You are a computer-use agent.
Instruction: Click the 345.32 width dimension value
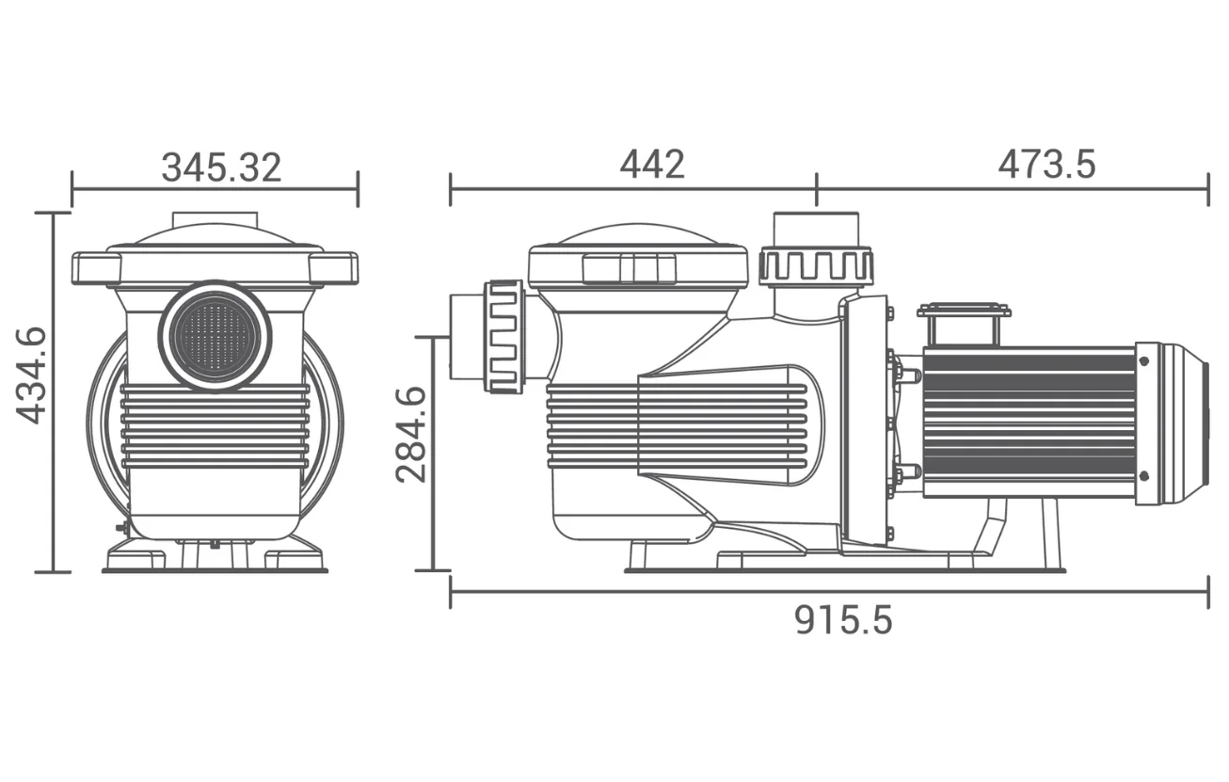tap(221, 168)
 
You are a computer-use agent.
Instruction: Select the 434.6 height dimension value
tap(32, 375)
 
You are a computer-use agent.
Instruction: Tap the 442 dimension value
tap(651, 165)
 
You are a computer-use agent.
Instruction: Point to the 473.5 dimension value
tap(1046, 165)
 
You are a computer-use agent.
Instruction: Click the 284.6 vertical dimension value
tap(411, 434)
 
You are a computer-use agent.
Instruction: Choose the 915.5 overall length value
tap(842, 620)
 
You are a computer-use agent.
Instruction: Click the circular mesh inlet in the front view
tap(215, 334)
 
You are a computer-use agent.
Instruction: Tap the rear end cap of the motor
tap(1174, 423)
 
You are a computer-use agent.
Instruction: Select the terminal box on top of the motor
tap(964, 324)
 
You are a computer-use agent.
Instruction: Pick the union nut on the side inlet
tap(504, 336)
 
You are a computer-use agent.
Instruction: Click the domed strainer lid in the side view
tap(638, 236)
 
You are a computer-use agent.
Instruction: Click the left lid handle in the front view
tap(95, 268)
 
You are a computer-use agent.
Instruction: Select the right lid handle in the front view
tap(334, 268)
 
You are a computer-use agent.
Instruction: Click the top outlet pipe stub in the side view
tap(816, 228)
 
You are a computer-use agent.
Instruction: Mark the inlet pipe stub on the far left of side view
tap(466, 337)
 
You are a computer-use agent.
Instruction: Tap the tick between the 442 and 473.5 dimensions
tap(817, 188)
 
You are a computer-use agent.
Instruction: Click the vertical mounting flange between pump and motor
tap(866, 419)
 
